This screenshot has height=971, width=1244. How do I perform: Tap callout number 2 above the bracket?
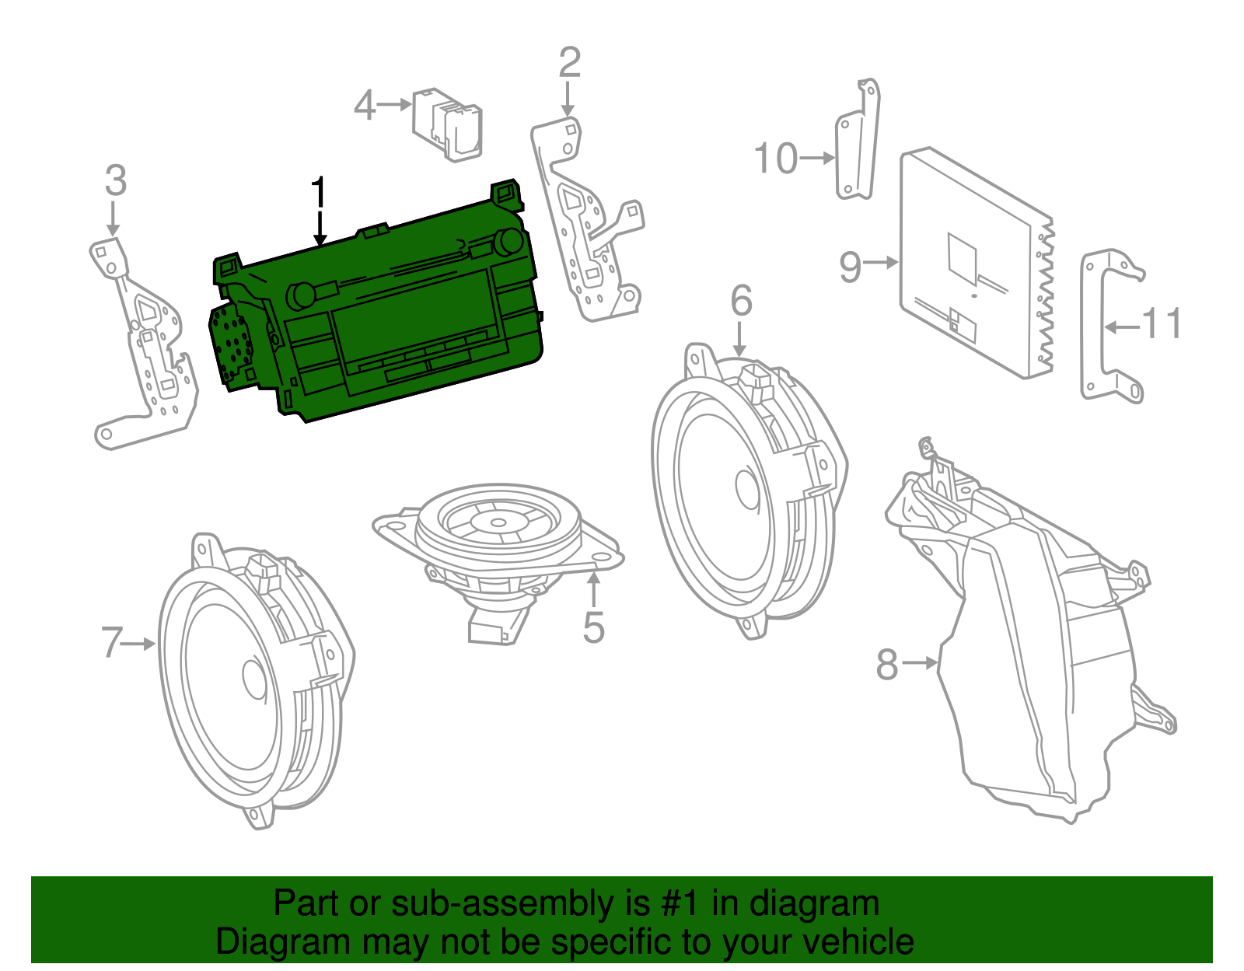pos(569,62)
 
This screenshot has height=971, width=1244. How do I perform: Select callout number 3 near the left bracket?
pos(115,180)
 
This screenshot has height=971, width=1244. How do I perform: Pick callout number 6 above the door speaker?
pos(741,300)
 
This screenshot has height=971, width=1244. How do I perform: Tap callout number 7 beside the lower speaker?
pos(112,643)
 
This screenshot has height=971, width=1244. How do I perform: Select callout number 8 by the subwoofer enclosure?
pos(887,665)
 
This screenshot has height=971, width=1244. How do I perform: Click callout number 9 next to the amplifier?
pos(850,266)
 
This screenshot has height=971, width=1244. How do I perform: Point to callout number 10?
pos(776,159)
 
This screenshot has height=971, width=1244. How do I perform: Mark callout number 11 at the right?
pos(1162,324)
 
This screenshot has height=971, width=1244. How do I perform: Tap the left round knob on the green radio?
pos(301,295)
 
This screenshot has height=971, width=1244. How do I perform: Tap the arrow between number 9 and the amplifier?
pos(880,263)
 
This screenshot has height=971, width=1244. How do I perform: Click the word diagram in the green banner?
pos(814,903)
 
